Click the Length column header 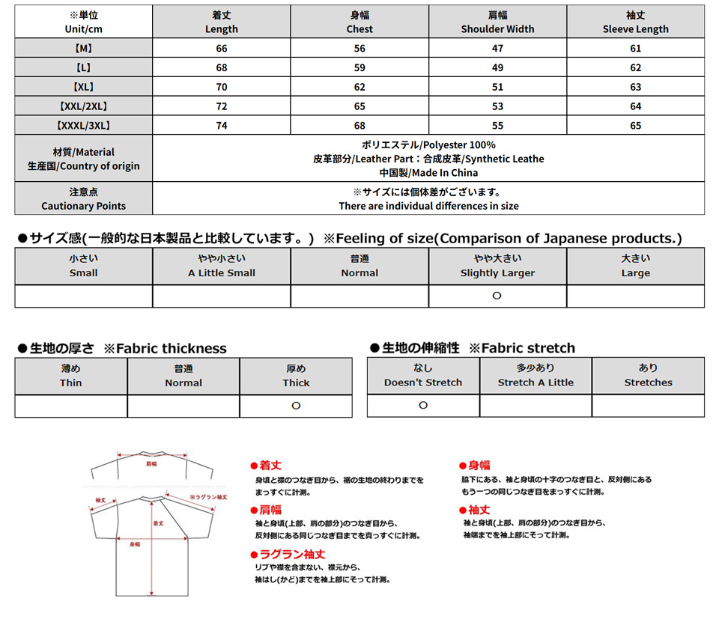point(221,22)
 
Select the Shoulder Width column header point(497,22)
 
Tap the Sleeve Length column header point(635,22)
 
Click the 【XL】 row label point(84,87)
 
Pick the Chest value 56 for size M point(359,48)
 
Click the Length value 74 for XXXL point(221,126)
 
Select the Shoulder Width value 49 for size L point(497,67)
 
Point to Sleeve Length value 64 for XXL point(635,106)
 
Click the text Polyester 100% point(428,144)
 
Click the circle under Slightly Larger point(497,296)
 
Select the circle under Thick point(296,406)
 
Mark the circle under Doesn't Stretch point(423,406)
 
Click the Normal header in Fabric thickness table point(183,376)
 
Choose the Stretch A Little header point(536,376)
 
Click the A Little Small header point(221,266)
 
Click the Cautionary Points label point(84,199)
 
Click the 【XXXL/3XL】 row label point(84,126)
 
